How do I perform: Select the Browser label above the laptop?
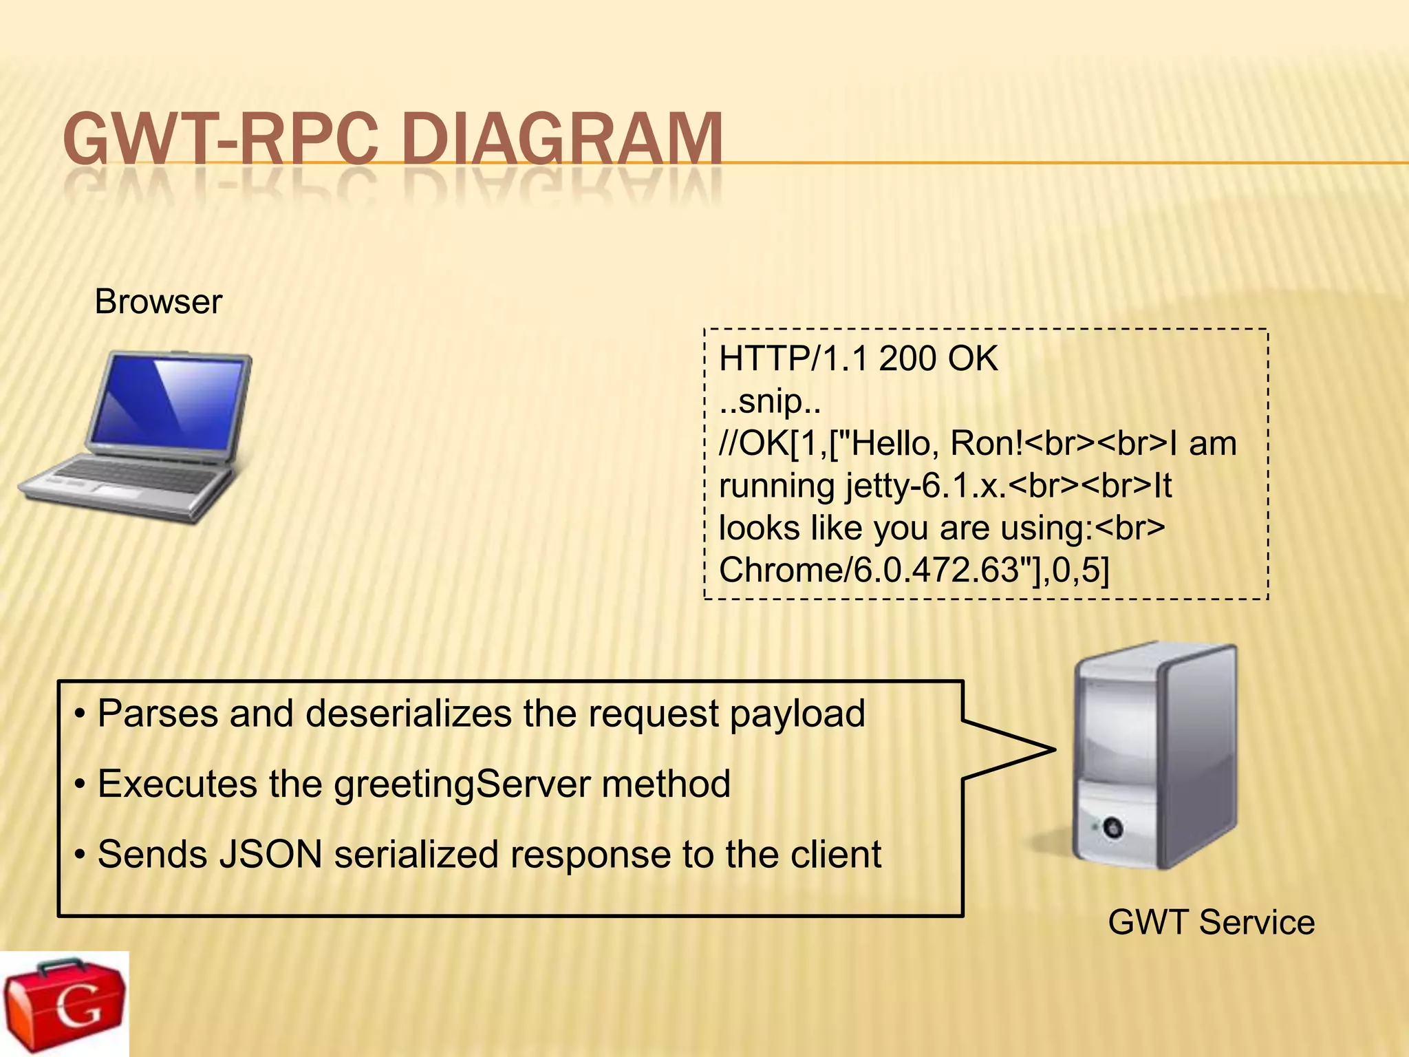158,301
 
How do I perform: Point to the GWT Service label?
1211,922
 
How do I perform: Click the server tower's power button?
1112,827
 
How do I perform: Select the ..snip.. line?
770,401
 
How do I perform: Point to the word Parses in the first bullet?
158,714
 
